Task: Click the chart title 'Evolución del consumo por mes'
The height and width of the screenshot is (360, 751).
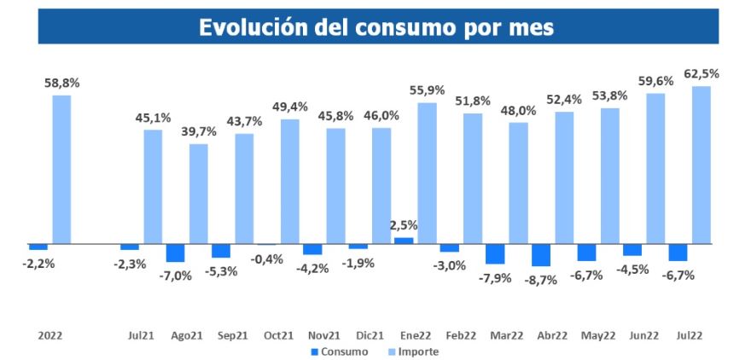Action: click(x=375, y=26)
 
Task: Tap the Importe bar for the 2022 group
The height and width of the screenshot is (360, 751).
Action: click(x=61, y=170)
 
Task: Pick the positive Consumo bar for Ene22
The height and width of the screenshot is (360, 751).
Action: click(x=403, y=241)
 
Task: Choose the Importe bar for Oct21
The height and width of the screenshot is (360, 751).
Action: click(x=289, y=182)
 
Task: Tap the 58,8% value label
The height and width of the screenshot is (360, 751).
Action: click(x=62, y=84)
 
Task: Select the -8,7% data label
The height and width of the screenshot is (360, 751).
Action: click(x=541, y=279)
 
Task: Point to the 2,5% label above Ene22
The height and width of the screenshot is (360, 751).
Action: click(x=405, y=225)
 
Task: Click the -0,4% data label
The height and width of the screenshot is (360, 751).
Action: click(x=268, y=258)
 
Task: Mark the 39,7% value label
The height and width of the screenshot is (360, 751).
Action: click(x=198, y=131)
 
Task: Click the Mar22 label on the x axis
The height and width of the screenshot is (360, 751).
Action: click(x=506, y=336)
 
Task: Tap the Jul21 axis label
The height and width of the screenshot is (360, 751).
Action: click(x=142, y=336)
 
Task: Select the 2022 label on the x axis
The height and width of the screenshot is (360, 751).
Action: click(x=49, y=336)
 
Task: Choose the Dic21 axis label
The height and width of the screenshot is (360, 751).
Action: click(x=370, y=336)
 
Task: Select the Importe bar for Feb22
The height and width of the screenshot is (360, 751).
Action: click(x=472, y=178)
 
